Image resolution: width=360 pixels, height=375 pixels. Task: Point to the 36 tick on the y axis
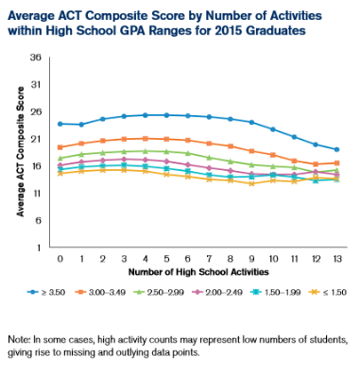pyautogui.click(x=38, y=57)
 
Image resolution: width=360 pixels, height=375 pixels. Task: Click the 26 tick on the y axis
pyautogui.click(x=38, y=111)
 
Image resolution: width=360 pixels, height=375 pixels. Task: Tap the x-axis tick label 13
pyautogui.click(x=336, y=258)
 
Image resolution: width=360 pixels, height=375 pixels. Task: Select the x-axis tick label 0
pyautogui.click(x=60, y=258)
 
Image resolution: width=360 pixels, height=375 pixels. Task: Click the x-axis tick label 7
pyautogui.click(x=209, y=258)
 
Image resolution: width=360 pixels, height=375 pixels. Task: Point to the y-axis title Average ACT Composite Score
pyautogui.click(x=20, y=152)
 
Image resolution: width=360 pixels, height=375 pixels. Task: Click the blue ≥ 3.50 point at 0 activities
pyautogui.click(x=60, y=124)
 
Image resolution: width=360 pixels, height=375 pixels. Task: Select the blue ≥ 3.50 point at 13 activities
pyautogui.click(x=336, y=150)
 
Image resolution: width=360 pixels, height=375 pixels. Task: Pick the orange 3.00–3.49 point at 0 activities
pyautogui.click(x=60, y=147)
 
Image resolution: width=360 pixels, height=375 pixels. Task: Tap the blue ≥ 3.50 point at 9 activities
pyautogui.click(x=251, y=122)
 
